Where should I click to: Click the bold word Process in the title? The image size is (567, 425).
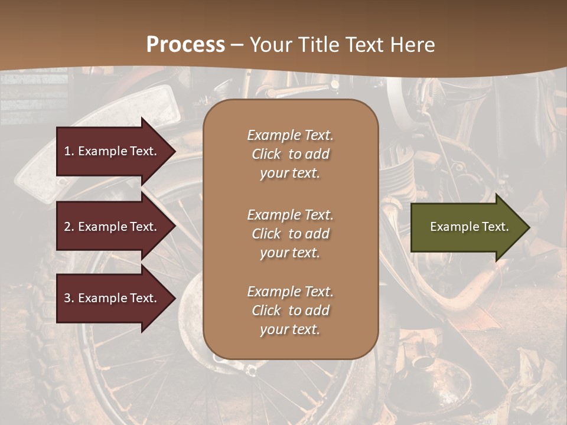click(185, 45)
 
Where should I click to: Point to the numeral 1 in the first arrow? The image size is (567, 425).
click(67, 151)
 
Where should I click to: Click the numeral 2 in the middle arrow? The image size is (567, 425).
click(67, 227)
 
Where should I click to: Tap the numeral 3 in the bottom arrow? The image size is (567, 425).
click(67, 298)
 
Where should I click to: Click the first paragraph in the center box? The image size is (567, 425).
click(290, 154)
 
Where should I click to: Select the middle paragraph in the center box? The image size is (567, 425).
click(290, 234)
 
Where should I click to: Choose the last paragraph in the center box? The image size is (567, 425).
click(290, 310)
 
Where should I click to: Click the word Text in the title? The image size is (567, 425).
click(364, 45)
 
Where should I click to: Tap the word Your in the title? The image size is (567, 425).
click(269, 45)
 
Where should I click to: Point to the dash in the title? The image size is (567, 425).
click(237, 45)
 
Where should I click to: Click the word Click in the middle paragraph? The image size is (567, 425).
click(266, 234)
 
